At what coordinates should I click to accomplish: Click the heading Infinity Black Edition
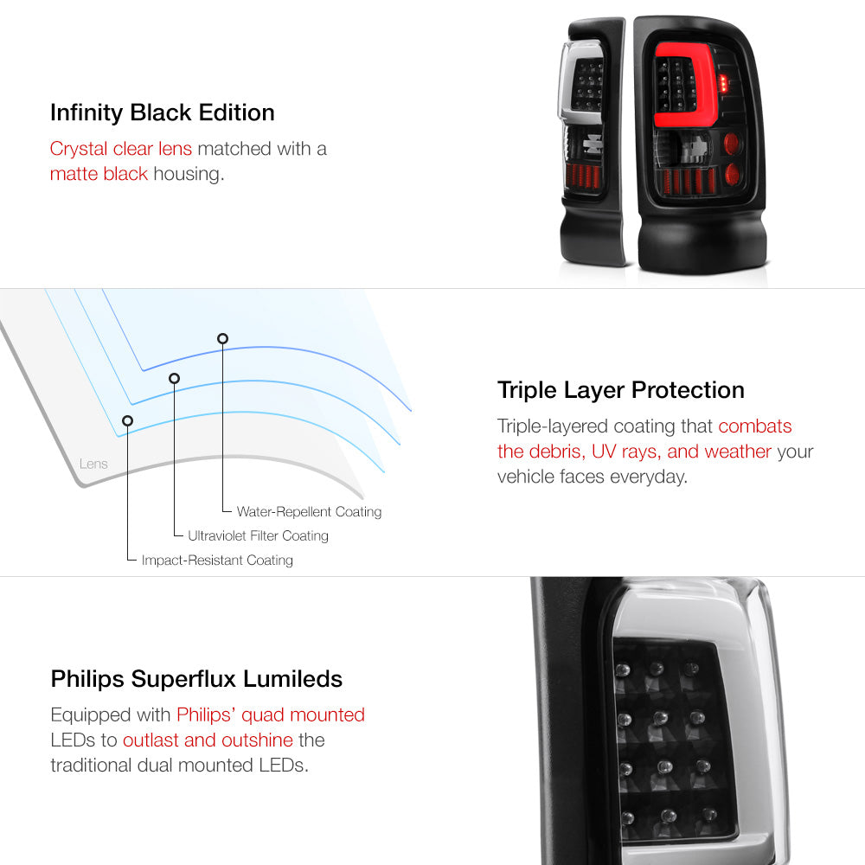tap(163, 112)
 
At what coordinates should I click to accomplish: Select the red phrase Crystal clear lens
tap(121, 149)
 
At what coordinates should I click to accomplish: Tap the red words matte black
tap(99, 174)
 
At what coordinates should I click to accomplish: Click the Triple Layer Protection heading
tap(620, 390)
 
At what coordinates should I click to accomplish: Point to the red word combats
tap(754, 426)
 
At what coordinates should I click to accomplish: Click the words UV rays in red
tap(626, 452)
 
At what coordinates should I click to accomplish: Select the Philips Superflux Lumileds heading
tap(196, 678)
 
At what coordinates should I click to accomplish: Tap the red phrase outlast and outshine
tap(208, 740)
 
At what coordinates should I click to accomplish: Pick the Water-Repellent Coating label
tap(309, 512)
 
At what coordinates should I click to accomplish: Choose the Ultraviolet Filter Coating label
tap(258, 535)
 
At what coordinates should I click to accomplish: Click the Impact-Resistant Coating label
tap(217, 560)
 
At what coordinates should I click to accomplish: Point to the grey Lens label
tap(93, 464)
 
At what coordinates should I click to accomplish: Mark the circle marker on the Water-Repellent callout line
tap(222, 339)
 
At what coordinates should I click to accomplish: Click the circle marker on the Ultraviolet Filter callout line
tap(175, 379)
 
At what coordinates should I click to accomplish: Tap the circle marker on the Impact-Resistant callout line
tap(127, 421)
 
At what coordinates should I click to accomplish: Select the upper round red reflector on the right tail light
tap(730, 144)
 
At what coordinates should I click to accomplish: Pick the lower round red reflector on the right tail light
tap(732, 175)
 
